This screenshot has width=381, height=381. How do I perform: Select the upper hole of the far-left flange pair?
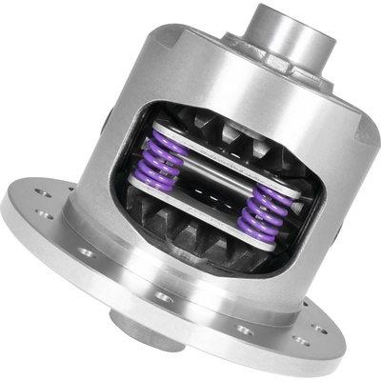(43, 190)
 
